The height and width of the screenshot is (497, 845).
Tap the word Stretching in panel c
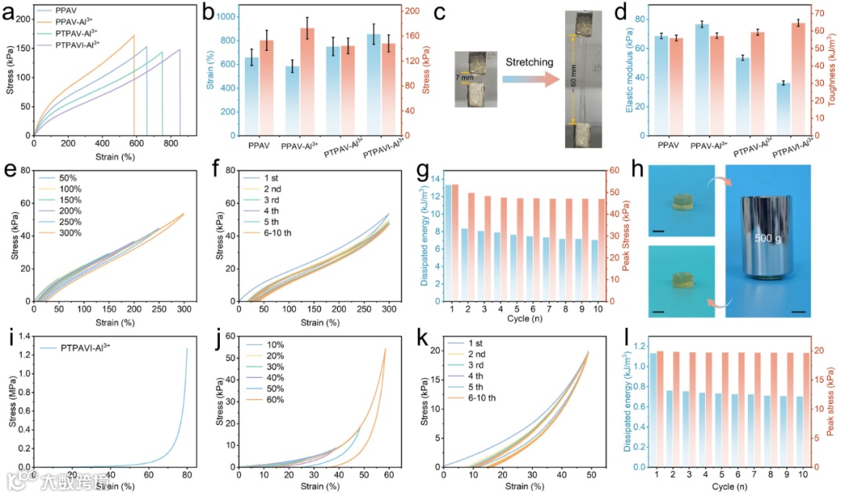pyautogui.click(x=530, y=62)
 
